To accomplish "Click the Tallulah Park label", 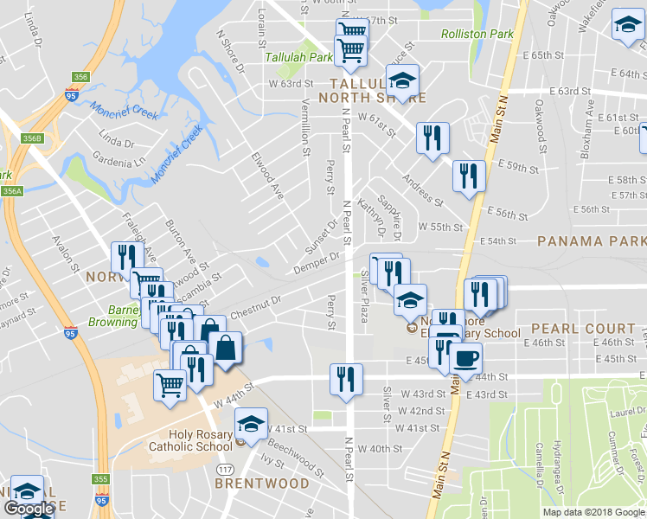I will pyautogui.click(x=298, y=57).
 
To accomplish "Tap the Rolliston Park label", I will pyautogui.click(x=477, y=35).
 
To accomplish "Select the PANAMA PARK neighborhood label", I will pyautogui.click(x=591, y=241).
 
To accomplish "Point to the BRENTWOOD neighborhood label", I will pyautogui.click(x=261, y=484).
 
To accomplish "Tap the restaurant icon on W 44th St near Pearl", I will pyautogui.click(x=346, y=380).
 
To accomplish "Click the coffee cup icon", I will pyautogui.click(x=465, y=358).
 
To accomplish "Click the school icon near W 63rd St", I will pyautogui.click(x=400, y=82).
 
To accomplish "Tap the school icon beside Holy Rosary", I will pyautogui.click(x=251, y=425).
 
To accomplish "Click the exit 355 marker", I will pyautogui.click(x=101, y=479).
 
